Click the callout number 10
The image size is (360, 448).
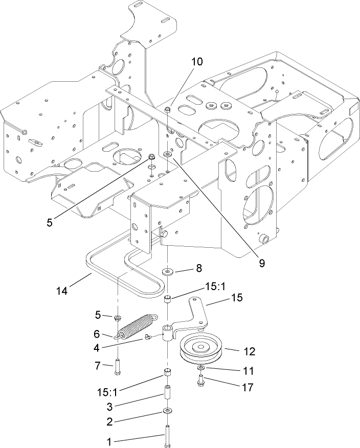[x=197, y=62]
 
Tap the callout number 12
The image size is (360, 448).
[x=249, y=351]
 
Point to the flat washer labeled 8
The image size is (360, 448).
[x=168, y=271]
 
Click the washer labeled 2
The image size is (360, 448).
[x=168, y=411]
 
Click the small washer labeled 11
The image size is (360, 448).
[x=200, y=368]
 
